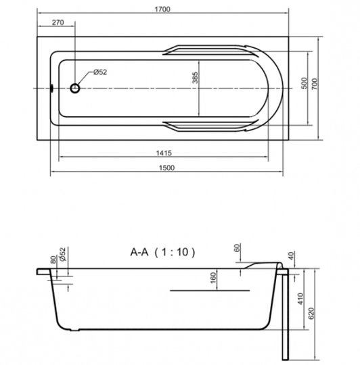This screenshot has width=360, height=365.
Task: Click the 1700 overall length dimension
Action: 162,9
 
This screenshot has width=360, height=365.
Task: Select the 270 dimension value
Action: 58,22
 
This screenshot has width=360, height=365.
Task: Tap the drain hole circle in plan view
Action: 75,89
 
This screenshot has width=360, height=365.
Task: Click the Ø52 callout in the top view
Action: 100,72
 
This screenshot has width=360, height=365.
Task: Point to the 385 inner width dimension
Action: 195,78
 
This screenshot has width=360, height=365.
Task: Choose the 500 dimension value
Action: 304,83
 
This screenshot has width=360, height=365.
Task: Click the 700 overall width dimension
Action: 315,84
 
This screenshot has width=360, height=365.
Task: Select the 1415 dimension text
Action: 164,153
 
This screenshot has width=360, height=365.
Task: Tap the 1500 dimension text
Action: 166,168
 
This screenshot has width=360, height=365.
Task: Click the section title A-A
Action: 139,252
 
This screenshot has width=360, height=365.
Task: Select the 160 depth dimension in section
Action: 213,278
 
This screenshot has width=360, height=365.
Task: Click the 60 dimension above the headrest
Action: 237,248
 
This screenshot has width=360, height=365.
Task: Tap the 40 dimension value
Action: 292,255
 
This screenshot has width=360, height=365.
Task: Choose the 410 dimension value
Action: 301,299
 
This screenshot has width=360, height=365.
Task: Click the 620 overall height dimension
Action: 311,314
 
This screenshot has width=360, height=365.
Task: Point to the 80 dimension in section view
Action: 53,260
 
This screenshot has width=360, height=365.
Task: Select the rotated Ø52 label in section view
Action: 63,254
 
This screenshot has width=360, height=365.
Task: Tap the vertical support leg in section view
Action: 285,315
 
